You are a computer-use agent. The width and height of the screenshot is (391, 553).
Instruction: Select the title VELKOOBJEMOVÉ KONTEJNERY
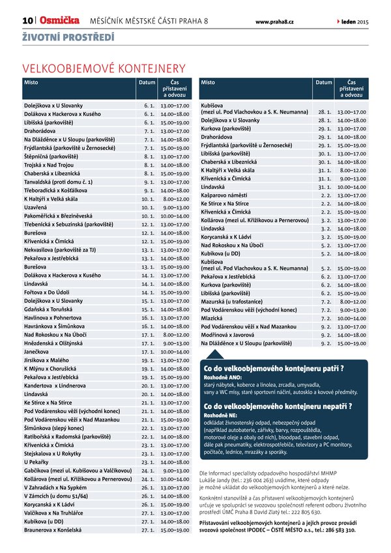[x=104, y=68]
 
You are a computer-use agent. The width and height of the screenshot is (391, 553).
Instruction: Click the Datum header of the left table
[x=147, y=83]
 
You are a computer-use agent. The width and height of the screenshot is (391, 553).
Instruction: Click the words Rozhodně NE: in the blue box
[x=223, y=415]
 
